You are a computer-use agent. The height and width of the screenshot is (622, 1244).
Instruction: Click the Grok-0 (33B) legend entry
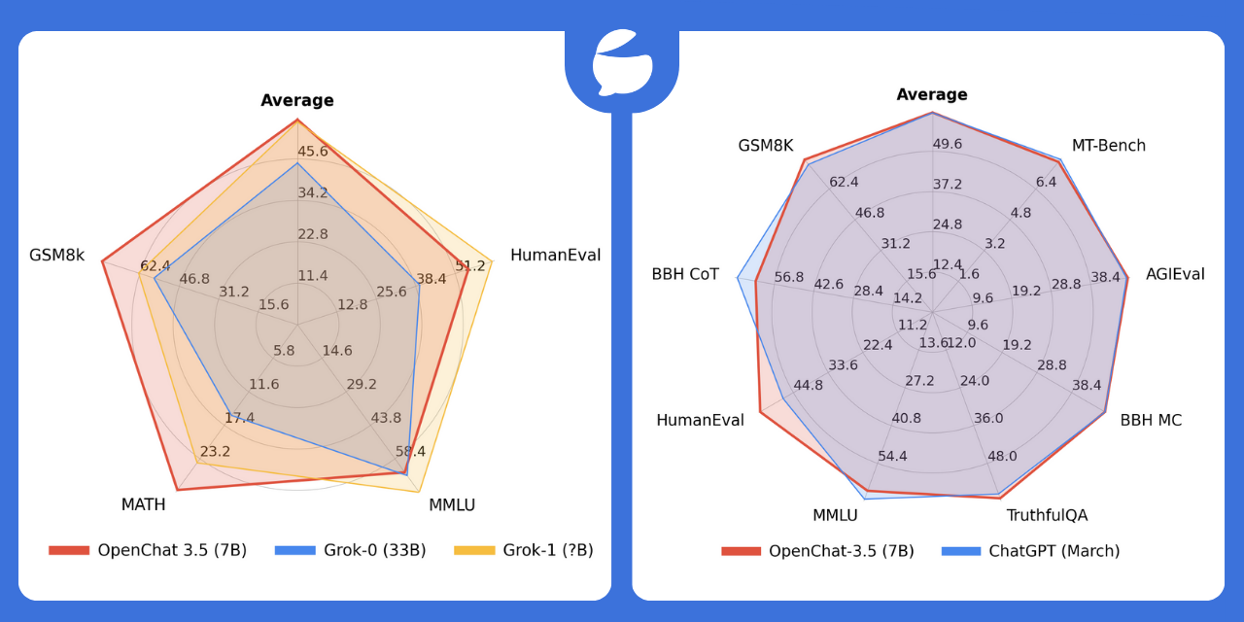(350, 550)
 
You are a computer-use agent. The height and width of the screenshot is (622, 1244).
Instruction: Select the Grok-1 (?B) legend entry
(523, 550)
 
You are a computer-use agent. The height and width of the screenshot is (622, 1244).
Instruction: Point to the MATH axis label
(143, 504)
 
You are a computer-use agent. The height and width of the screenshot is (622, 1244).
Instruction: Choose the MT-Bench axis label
(1108, 146)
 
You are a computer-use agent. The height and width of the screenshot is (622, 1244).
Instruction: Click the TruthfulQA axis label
(1047, 515)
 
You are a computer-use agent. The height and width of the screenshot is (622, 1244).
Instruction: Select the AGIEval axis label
(1174, 274)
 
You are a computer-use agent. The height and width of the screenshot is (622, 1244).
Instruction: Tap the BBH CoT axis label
(685, 274)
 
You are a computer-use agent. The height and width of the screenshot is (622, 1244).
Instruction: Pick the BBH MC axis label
(1151, 420)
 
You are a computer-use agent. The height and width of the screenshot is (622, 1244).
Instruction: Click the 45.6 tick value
(313, 151)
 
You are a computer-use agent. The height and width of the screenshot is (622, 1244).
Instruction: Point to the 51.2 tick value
(470, 265)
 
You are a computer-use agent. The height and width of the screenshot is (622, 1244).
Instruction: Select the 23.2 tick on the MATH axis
(215, 451)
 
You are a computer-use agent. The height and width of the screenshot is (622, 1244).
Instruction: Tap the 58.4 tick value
(410, 451)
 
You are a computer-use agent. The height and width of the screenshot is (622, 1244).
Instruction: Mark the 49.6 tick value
(947, 144)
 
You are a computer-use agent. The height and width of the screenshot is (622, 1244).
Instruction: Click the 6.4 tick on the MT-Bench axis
(1046, 182)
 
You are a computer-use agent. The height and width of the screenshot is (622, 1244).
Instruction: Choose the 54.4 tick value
(892, 456)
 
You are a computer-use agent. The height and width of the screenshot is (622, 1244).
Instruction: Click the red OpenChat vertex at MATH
(177, 490)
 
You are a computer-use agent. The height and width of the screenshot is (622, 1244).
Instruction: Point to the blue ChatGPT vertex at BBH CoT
(738, 279)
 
